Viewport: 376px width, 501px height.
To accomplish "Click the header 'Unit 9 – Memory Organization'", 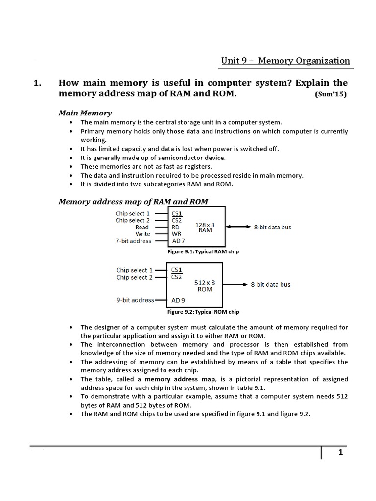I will pos(285,61).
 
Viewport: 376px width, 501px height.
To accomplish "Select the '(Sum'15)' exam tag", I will pos(330,95).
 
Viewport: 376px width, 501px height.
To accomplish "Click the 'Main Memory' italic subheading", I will pos(85,113).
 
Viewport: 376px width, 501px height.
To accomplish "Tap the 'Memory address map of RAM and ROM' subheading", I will pos(133,202).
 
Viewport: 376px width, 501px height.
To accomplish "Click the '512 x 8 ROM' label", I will pos(205,285).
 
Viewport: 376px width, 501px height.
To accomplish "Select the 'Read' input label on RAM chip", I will pos(142,227).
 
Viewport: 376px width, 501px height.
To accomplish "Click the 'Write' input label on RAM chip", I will pos(142,234).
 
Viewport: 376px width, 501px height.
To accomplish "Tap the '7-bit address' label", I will pos(133,241).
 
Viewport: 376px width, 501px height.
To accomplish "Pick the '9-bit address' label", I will pos(135,300).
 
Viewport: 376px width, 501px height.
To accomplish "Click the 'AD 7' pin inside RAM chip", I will pos(179,241).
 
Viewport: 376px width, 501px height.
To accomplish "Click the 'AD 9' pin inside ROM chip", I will pos(179,300).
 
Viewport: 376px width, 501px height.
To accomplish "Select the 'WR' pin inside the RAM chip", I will pos(176,234).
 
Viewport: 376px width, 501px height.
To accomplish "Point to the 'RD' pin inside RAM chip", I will pos(176,227).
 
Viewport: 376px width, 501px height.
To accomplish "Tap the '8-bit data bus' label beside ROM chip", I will pos(270,284).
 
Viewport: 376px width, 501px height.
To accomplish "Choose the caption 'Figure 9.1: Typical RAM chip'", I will pos(203,251).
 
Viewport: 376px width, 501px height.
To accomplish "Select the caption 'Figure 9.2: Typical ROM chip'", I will pos(203,312).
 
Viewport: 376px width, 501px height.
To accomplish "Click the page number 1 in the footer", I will pos(340,453).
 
